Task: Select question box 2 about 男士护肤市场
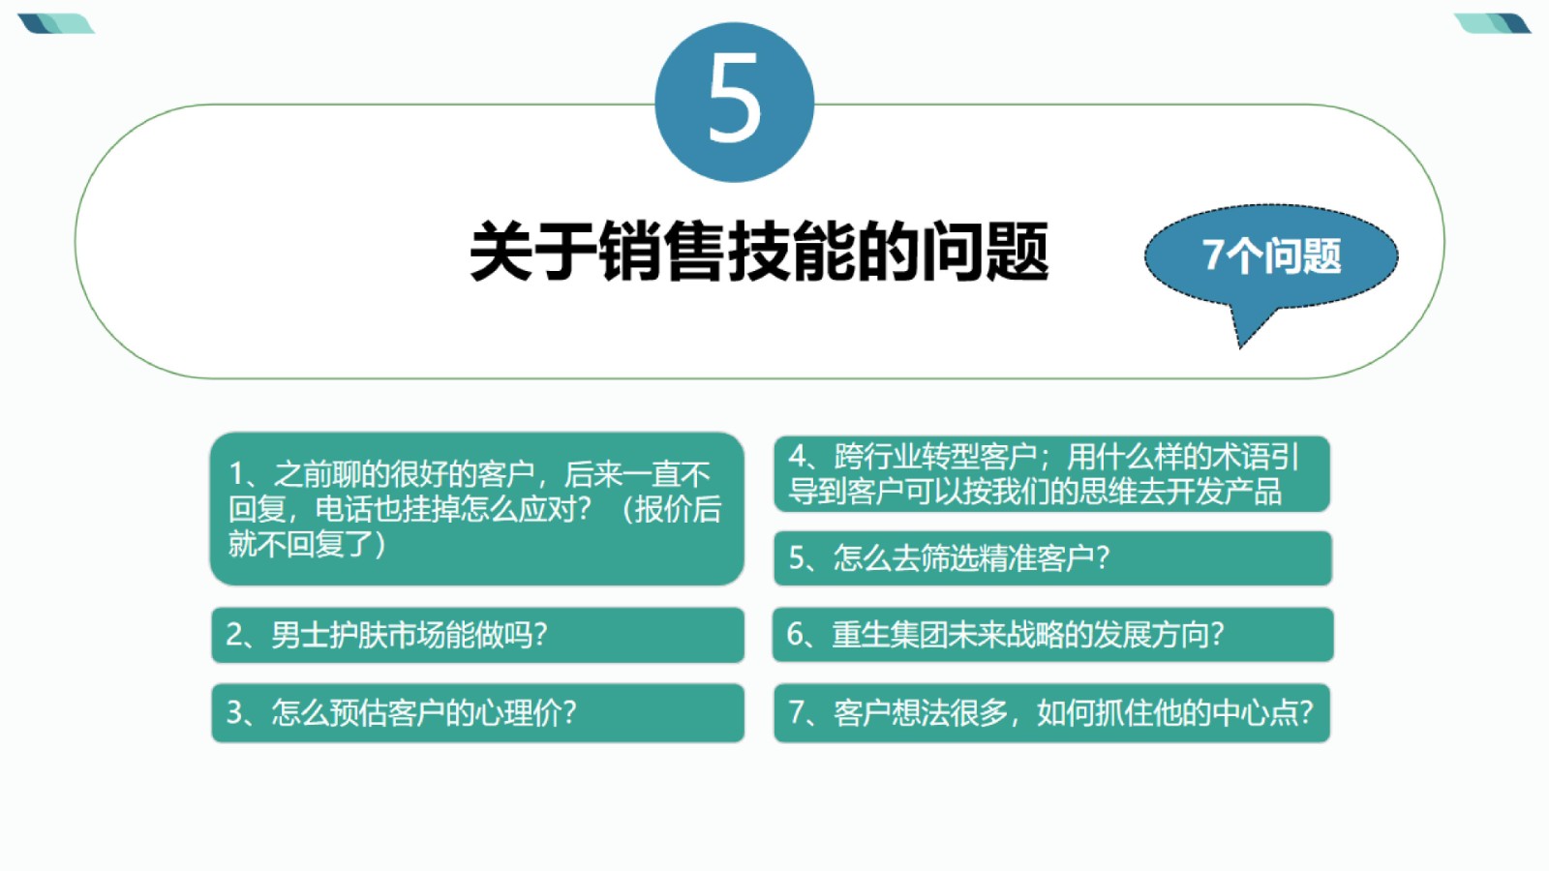pos(478,635)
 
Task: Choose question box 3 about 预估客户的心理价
pos(478,712)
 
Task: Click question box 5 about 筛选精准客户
pos(1052,557)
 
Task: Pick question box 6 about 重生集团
pos(1052,635)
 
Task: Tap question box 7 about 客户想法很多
pos(1051,712)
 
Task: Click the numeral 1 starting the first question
pos(236,475)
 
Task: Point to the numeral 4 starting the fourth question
pos(798,456)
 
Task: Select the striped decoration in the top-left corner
pos(56,23)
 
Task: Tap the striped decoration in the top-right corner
pos(1492,23)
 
